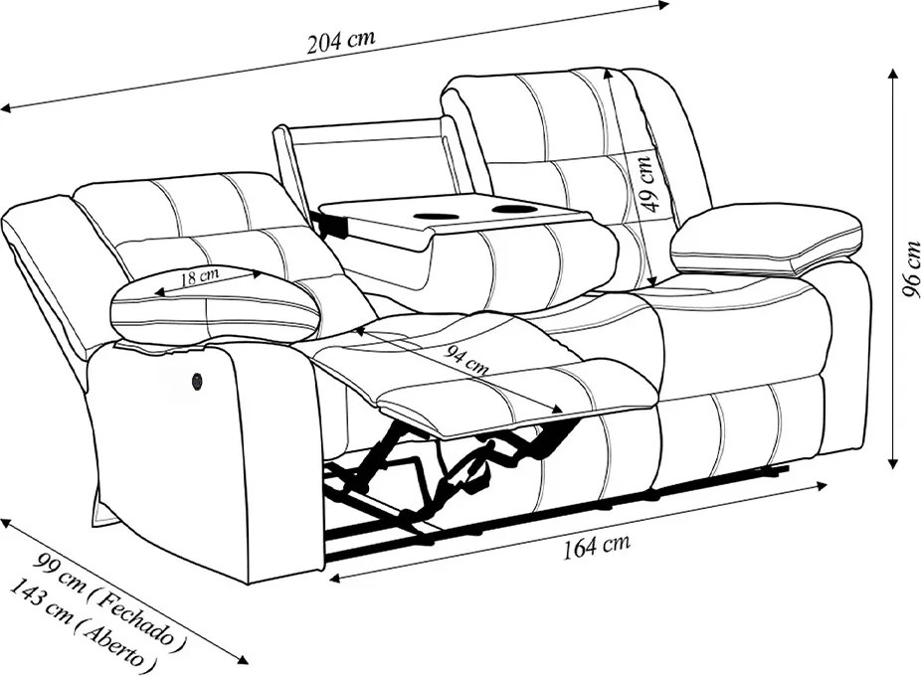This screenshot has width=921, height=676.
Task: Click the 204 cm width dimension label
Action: coord(341,41)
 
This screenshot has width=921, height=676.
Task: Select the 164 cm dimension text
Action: coord(597,546)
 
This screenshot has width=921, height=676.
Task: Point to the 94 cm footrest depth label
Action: coord(466,360)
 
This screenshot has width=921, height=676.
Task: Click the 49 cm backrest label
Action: coord(649,182)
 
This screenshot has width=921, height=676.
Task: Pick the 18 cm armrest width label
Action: coord(200,276)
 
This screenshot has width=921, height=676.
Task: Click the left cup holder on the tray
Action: coord(434,216)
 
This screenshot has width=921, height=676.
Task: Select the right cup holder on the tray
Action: coord(511,209)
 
